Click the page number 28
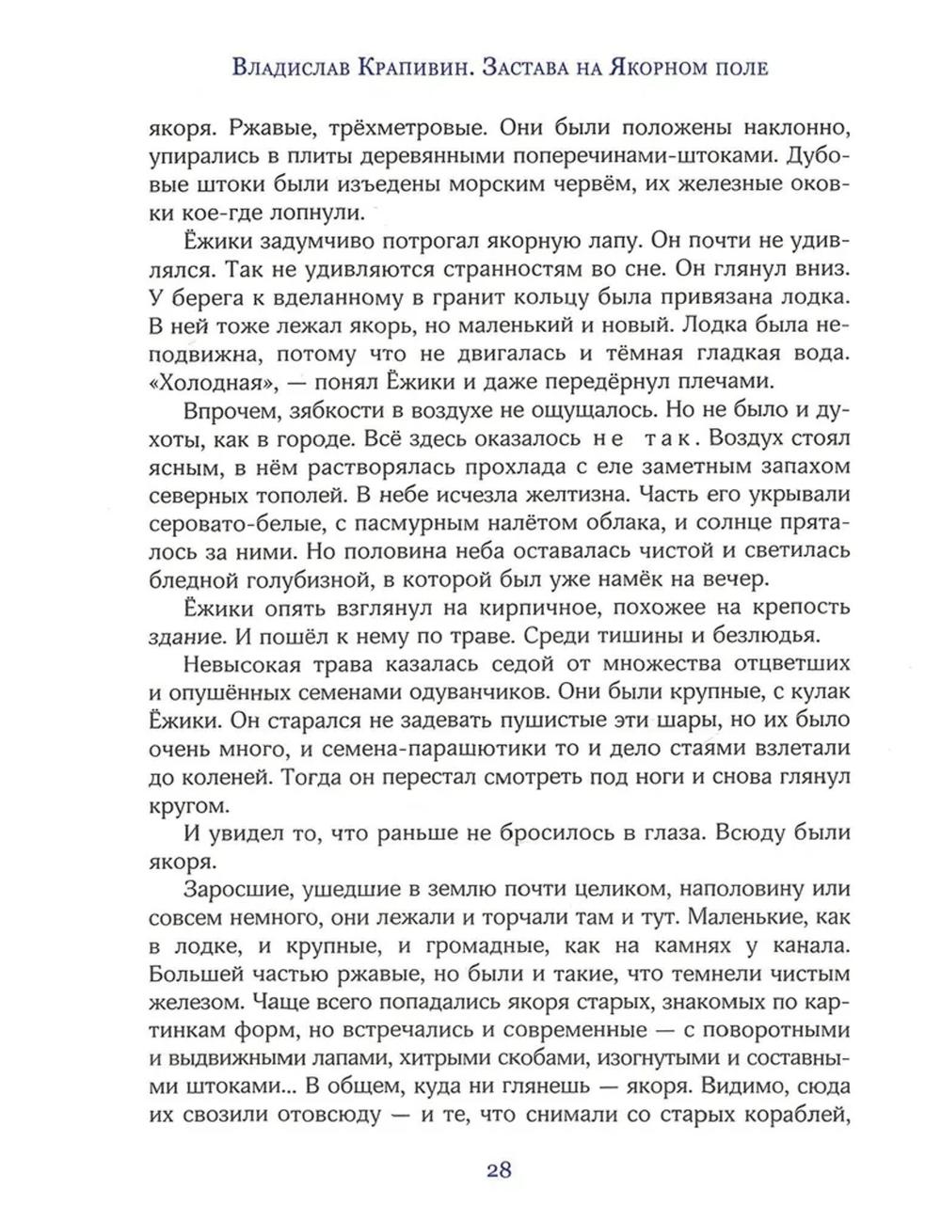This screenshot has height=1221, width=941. point(499,1170)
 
